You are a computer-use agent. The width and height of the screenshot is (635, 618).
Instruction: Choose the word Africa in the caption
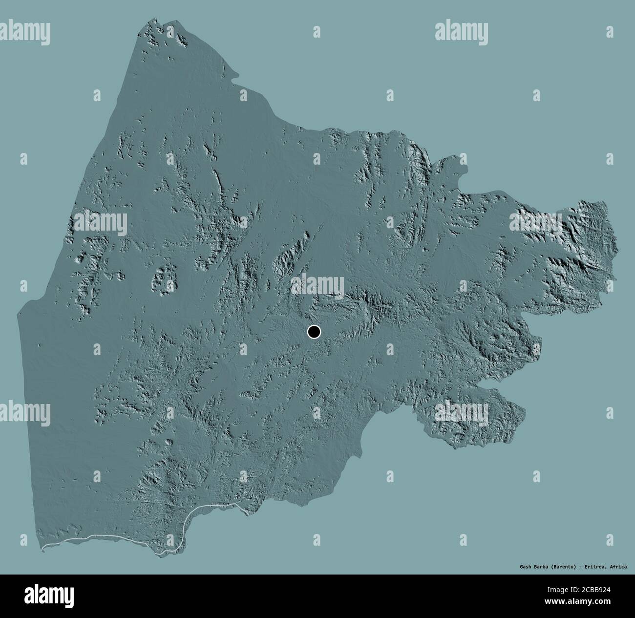coord(618,567)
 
